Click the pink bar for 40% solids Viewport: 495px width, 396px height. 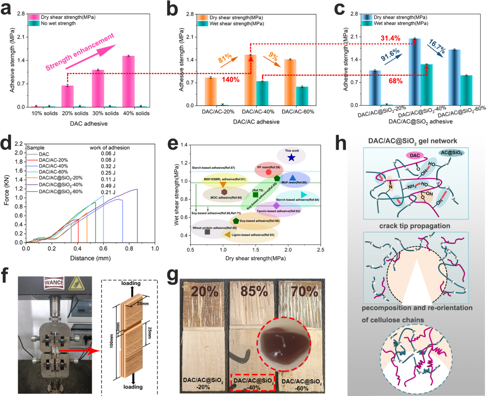pyautogui.click(x=128, y=81)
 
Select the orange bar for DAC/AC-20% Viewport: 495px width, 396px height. pyautogui.click(x=211, y=91)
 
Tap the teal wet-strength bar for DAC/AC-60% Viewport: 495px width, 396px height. pyautogui.click(x=302, y=96)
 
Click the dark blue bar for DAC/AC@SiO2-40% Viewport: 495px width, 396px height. pyautogui.click(x=415, y=72)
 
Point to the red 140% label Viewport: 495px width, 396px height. pyautogui.click(x=231, y=80)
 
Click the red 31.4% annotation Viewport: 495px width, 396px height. pyautogui.click(x=390, y=38)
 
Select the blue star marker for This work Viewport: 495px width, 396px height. pyautogui.click(x=291, y=157)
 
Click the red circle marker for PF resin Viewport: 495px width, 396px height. pyautogui.click(x=269, y=172)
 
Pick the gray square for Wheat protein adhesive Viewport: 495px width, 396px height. pyautogui.click(x=207, y=232)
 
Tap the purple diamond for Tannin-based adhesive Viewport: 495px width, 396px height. pyautogui.click(x=276, y=205)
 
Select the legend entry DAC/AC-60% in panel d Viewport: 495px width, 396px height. pyautogui.click(x=53, y=172)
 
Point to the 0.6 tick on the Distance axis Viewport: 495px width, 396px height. pyautogui.click(x=103, y=248)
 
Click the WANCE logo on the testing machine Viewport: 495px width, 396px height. pyautogui.click(x=54, y=282)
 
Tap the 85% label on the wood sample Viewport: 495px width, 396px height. pyautogui.click(x=254, y=291)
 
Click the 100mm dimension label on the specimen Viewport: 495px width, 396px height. pyautogui.click(x=112, y=341)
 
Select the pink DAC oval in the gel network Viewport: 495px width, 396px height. pyautogui.click(x=415, y=155)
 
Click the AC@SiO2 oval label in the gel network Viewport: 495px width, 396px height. pyautogui.click(x=452, y=153)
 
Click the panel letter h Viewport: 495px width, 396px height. pyautogui.click(x=341, y=144)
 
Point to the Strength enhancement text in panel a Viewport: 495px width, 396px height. pyautogui.click(x=80, y=52)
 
